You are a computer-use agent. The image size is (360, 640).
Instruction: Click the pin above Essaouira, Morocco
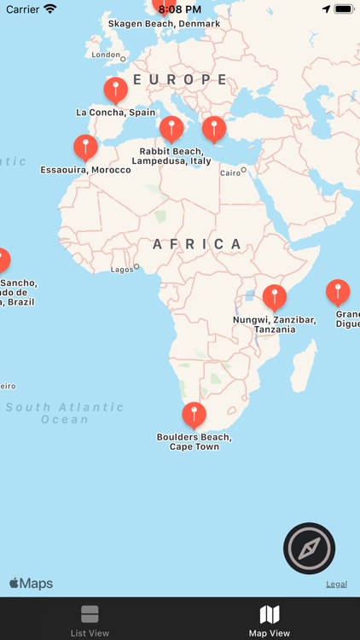(x=85, y=146)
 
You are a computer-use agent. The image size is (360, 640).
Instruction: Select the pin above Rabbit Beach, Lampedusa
(x=171, y=128)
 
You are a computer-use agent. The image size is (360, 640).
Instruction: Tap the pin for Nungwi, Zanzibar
(x=274, y=296)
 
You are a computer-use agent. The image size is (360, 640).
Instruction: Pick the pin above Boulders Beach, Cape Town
(x=195, y=415)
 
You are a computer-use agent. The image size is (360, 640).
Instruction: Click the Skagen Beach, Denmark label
(x=164, y=24)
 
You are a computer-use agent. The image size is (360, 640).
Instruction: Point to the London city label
(x=107, y=55)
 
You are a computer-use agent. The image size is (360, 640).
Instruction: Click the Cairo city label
(x=230, y=172)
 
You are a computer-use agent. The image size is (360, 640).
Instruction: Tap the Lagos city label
(x=123, y=270)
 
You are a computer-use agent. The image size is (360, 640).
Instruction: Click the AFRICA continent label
(x=199, y=244)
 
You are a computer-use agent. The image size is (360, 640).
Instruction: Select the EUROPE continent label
(x=180, y=79)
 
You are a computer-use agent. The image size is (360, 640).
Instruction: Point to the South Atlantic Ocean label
(x=65, y=413)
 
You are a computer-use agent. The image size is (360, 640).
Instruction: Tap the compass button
(x=309, y=548)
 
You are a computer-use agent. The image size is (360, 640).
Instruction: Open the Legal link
(x=336, y=585)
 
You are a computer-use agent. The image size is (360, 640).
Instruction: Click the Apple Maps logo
(x=32, y=584)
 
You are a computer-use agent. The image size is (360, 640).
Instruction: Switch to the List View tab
(x=90, y=620)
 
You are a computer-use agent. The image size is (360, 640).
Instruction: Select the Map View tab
(x=270, y=620)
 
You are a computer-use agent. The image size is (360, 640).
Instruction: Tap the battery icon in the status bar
(x=343, y=9)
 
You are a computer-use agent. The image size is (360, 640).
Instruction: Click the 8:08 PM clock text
(x=180, y=9)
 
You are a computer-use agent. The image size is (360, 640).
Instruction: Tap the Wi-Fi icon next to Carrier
(x=50, y=9)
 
